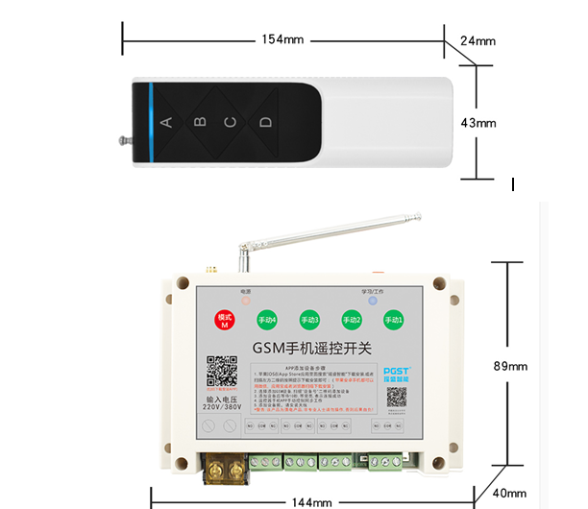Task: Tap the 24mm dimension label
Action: [478, 41]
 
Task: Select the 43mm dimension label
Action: [478, 123]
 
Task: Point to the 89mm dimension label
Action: [510, 366]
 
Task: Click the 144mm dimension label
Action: [311, 501]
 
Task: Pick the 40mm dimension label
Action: [509, 494]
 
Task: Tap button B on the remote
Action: [200, 122]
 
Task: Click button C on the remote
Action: [231, 122]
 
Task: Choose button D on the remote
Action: [265, 122]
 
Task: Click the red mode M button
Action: [225, 320]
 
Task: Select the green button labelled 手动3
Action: [308, 319]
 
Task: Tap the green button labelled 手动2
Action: [353, 319]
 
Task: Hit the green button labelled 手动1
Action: [394, 319]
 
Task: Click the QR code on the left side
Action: [221, 372]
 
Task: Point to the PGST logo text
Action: [396, 370]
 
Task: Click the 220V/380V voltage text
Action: [222, 406]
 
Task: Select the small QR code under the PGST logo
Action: [396, 397]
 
